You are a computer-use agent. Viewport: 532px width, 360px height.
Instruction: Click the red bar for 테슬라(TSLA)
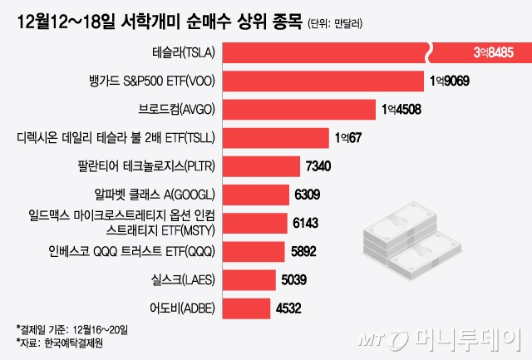click(x=324, y=52)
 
